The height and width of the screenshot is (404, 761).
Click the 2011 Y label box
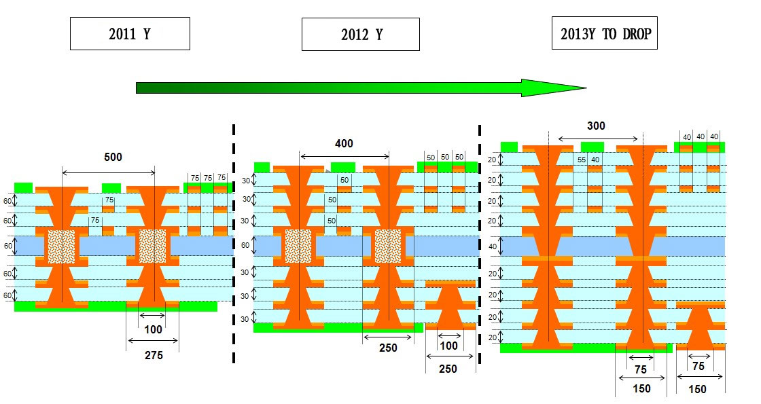130,33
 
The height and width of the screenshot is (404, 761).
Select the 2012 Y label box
361,34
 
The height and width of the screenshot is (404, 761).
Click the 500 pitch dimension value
113,157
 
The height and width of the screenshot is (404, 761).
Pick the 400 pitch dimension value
344,143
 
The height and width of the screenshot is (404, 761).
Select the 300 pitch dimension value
596,126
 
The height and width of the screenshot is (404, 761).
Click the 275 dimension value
154,354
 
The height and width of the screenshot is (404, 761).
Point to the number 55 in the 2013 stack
582,160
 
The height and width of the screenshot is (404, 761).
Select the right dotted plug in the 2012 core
388,245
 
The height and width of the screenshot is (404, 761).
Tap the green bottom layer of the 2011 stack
116,306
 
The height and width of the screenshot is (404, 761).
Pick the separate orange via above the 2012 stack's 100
448,307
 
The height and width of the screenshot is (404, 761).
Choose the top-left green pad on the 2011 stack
24,187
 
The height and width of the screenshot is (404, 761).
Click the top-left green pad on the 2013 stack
509,147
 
